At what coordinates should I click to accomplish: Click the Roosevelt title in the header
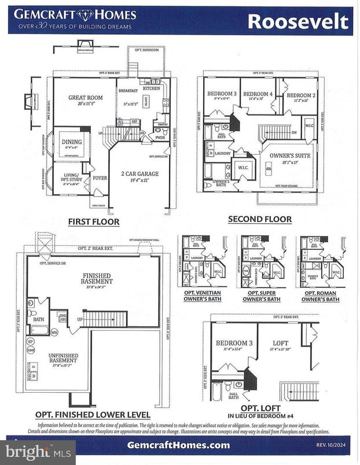point(298,21)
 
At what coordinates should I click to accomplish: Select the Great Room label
point(86,98)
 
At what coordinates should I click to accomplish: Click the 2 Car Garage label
point(137,174)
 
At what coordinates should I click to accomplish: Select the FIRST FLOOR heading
point(93,222)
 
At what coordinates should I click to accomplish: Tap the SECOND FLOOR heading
point(259,219)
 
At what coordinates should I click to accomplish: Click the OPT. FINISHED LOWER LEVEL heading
point(93,415)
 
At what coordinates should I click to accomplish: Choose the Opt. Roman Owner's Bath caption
point(320,297)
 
